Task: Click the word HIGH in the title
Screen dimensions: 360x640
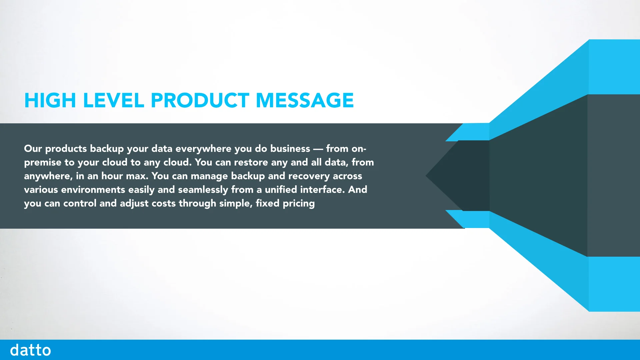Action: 50,100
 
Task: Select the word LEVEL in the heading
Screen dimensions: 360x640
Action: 113,100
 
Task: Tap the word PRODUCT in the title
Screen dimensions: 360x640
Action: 200,100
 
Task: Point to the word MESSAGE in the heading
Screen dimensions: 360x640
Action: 305,100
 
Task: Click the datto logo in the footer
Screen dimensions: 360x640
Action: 30,350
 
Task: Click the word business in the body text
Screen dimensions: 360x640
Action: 290,149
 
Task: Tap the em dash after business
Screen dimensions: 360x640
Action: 318,149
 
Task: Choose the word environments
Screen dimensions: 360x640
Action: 93,190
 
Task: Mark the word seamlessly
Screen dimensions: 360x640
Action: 203,190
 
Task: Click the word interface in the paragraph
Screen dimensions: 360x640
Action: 322,190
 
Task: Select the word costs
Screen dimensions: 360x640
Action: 163,203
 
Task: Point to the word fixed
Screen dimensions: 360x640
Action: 267,203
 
